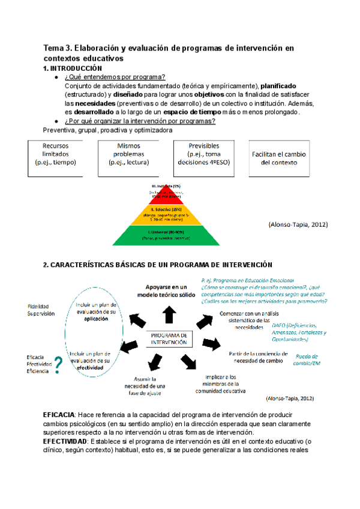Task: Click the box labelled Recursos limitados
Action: coord(59,158)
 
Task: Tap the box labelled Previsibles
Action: coord(203,158)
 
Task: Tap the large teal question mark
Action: coord(58,365)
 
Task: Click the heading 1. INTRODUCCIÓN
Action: coord(69,68)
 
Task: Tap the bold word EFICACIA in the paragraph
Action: coord(58,415)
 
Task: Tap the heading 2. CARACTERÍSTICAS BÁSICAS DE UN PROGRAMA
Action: coord(158,265)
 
